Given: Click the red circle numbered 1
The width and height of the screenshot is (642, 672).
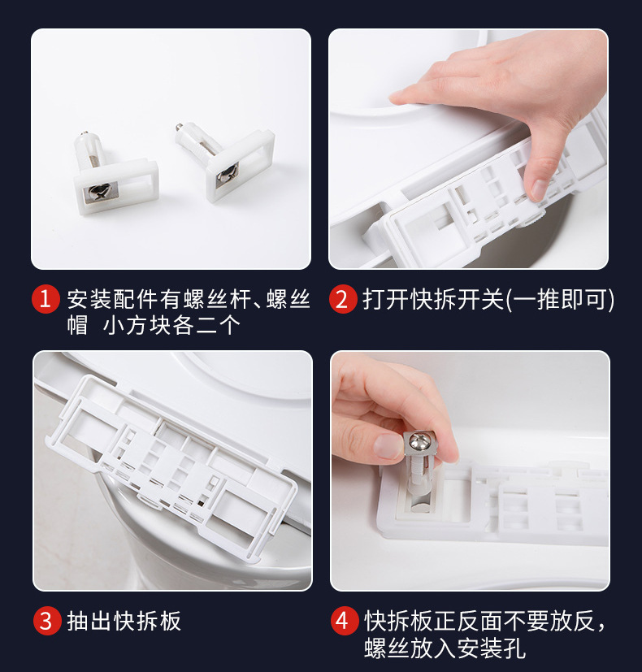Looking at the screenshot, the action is click(x=45, y=299).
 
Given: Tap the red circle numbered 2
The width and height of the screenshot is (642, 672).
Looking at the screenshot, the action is click(x=342, y=299).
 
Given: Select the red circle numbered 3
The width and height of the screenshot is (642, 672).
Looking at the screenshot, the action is click(x=47, y=621).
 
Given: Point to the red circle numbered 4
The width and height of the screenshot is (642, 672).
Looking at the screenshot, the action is click(x=344, y=621).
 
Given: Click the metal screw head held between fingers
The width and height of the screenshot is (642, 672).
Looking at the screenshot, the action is click(x=419, y=443).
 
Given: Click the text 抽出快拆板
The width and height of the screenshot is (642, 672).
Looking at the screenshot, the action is click(x=124, y=621).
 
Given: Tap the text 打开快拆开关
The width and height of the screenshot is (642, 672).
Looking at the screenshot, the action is click(x=433, y=299).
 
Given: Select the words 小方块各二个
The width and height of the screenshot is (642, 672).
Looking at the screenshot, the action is click(x=171, y=325).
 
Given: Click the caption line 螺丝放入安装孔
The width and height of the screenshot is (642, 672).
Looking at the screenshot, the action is click(x=445, y=648).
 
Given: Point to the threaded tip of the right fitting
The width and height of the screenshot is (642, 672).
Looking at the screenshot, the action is click(x=178, y=127).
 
